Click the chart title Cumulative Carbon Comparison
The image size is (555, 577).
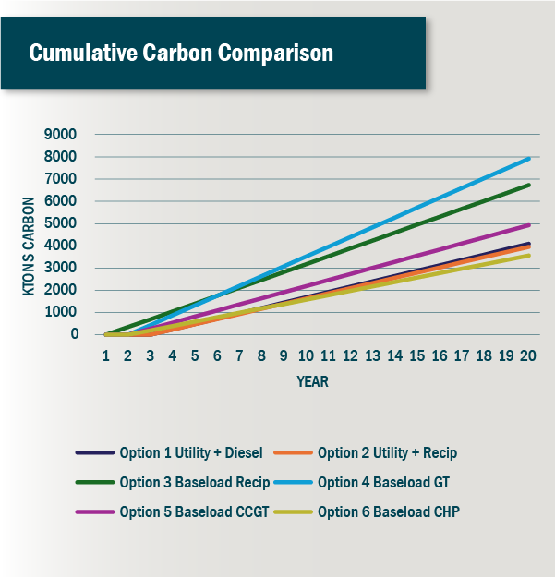point(181,53)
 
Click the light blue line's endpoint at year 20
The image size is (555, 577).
point(528,158)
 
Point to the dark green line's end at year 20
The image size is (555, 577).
point(528,185)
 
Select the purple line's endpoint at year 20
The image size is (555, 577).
point(528,224)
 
